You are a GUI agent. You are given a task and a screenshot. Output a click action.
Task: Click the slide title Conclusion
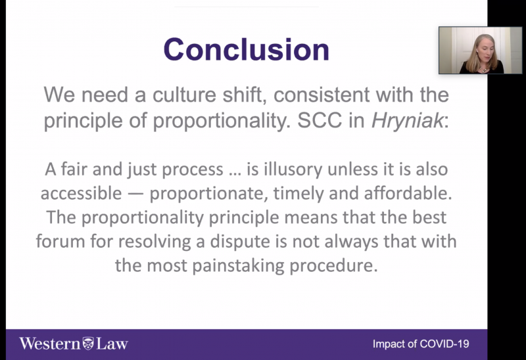pyautogui.click(x=247, y=49)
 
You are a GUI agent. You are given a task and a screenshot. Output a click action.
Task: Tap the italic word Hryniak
pyautogui.click(x=407, y=120)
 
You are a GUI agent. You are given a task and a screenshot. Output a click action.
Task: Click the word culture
pyautogui.click(x=184, y=94)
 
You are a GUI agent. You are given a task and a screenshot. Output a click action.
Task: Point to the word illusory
pyautogui.click(x=293, y=169)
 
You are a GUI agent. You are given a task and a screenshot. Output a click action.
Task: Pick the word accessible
pyautogui.click(x=81, y=193)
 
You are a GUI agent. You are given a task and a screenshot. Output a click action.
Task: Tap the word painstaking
pyautogui.click(x=238, y=265)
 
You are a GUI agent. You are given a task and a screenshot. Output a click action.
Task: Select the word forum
pyautogui.click(x=60, y=241)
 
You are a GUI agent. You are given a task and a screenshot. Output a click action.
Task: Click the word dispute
pyautogui.click(x=240, y=242)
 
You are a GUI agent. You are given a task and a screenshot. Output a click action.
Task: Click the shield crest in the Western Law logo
pyautogui.click(x=88, y=344)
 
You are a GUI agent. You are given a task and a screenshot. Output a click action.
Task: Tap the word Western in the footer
pyautogui.click(x=50, y=344)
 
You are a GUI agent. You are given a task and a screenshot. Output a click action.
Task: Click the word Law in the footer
pyautogui.click(x=112, y=344)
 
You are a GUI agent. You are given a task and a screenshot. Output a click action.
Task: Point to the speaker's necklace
pyautogui.click(x=483, y=70)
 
